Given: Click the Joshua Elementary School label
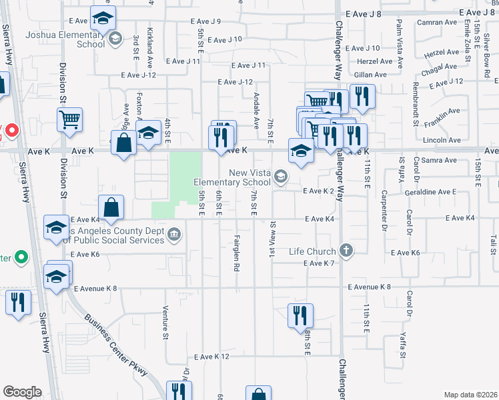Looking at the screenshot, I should click(65, 39).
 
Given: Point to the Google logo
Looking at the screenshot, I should click(22, 392).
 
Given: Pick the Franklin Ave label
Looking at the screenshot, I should click(437, 119).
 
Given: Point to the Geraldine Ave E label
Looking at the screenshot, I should click(430, 191).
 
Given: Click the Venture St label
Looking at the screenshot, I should click(165, 320).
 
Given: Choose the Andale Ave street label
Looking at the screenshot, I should click(256, 111).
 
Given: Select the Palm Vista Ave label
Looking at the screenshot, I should click(400, 43).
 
